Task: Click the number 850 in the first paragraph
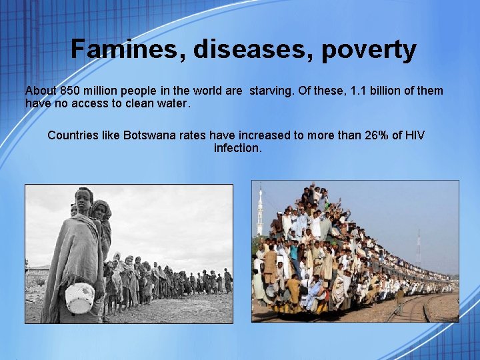tap(70, 91)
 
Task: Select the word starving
tap(271, 91)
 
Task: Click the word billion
tap(391, 91)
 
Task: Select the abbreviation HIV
tap(414, 135)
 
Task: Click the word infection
tap(237, 148)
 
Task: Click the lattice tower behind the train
tap(418, 247)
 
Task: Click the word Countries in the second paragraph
tap(73, 135)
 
